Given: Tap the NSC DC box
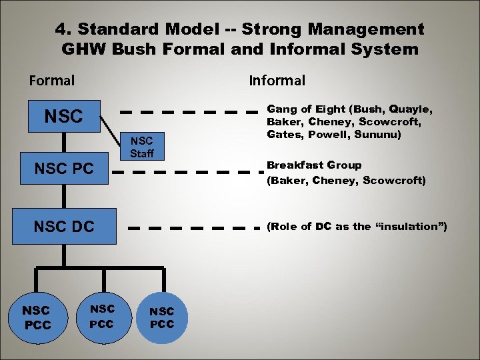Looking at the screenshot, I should (64, 226).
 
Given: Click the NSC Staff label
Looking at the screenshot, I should (141, 147).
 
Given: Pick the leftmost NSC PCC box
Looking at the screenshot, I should (36, 317).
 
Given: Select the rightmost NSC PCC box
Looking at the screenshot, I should (161, 317).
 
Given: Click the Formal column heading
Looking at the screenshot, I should (51, 81).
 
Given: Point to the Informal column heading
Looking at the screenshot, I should (277, 81).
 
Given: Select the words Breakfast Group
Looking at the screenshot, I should (314, 165).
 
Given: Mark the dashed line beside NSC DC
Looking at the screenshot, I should (193, 227).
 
